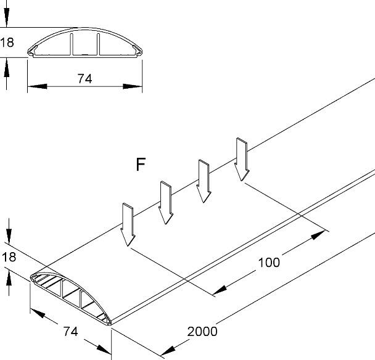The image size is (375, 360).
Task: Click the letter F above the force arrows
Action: click(x=141, y=165)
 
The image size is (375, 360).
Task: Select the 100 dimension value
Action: click(x=269, y=262)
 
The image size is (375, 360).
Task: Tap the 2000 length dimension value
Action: click(x=202, y=332)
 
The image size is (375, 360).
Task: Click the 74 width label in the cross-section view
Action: click(x=84, y=79)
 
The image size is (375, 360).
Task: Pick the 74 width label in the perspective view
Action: click(x=70, y=332)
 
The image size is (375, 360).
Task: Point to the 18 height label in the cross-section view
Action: click(x=7, y=43)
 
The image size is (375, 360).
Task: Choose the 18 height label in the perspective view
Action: click(x=9, y=257)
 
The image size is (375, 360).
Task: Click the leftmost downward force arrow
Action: click(x=128, y=224)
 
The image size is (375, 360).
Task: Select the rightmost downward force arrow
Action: click(x=242, y=160)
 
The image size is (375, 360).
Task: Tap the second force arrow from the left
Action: click(x=166, y=203)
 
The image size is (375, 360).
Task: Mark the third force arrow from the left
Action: click(x=204, y=181)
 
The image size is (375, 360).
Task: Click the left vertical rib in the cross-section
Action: click(x=72, y=45)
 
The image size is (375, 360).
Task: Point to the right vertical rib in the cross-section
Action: click(x=98, y=45)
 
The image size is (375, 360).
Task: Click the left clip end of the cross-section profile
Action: click(x=32, y=52)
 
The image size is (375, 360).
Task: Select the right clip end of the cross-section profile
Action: click(x=138, y=52)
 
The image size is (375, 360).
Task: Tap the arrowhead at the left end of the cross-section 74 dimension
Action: click(x=37, y=86)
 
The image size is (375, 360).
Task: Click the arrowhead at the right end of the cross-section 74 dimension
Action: click(x=133, y=86)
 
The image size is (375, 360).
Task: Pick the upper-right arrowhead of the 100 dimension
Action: click(x=318, y=235)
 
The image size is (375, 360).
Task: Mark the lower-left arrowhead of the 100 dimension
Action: click(x=220, y=290)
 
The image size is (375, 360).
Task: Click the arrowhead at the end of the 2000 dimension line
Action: click(x=168, y=350)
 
